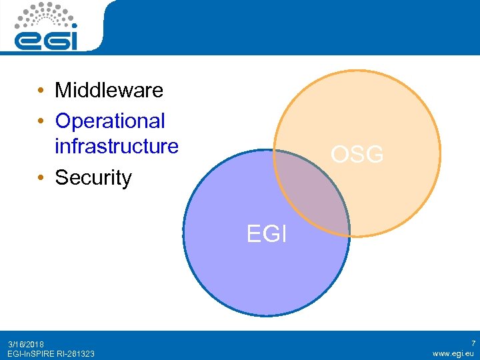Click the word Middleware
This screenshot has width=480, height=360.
coord(109,90)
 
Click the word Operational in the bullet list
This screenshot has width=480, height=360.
coord(110,121)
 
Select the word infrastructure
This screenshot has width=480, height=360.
coord(117,146)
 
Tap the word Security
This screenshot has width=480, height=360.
coord(93,178)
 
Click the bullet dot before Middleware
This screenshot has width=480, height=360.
coord(41,91)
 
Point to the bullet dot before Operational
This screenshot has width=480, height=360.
coord(41,121)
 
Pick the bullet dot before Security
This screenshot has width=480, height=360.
coord(41,179)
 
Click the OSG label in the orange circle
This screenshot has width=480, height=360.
coord(357,155)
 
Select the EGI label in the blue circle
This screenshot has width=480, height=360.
coord(267,235)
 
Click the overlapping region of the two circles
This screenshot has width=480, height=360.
coord(312,193)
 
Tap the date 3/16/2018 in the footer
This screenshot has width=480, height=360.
coord(26,344)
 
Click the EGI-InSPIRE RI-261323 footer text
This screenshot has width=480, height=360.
coord(51,353)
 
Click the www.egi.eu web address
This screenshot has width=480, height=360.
coord(453,353)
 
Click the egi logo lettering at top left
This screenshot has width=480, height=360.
coord(46,40)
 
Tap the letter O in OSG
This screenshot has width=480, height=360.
coord(341,155)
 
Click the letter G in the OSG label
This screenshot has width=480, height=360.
coord(375,155)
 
